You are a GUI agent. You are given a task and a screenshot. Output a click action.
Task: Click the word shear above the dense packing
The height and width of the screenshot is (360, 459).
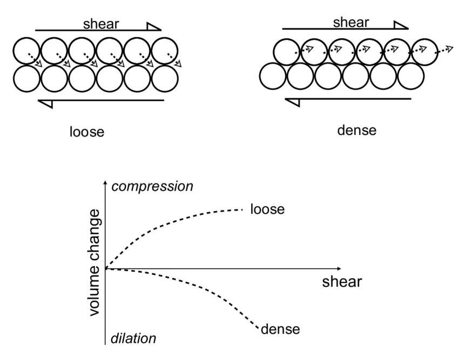pyautogui.click(x=351, y=22)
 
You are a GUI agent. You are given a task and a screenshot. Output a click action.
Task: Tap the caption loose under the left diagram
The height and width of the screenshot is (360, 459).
pyautogui.click(x=86, y=131)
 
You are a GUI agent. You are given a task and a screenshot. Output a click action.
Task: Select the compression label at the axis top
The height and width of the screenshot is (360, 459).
pyautogui.click(x=151, y=187)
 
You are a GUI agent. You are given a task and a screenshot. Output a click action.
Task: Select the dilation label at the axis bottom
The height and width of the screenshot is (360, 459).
pyautogui.click(x=133, y=338)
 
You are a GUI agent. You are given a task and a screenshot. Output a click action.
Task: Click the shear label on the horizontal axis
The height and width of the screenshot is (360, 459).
pyautogui.click(x=342, y=282)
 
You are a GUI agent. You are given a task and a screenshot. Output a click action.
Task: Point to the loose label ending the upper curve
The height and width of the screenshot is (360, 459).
pyautogui.click(x=267, y=209)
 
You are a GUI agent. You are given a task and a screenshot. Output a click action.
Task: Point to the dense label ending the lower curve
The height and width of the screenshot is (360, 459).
pyautogui.click(x=280, y=328)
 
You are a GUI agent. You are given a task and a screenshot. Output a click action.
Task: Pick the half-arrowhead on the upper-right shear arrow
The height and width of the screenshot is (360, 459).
pyautogui.click(x=401, y=25)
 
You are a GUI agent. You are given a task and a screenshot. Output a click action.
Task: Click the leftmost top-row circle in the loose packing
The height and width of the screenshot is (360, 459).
pyautogui.click(x=26, y=51)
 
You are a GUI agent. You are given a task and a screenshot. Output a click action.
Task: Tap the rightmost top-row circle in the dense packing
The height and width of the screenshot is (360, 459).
pyautogui.click(x=425, y=51)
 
